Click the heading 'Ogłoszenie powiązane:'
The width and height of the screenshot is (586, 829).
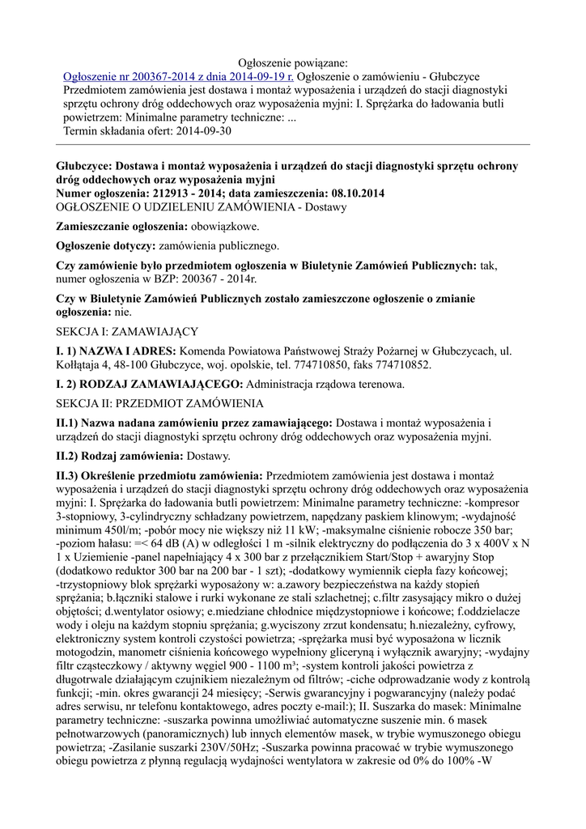tap(293, 62)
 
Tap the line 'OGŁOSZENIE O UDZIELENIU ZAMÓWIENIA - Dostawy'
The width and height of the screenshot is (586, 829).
tap(201, 207)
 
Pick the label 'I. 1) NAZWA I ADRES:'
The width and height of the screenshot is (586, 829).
tap(115, 351)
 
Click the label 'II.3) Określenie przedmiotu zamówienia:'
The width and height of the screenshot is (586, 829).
tap(159, 476)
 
